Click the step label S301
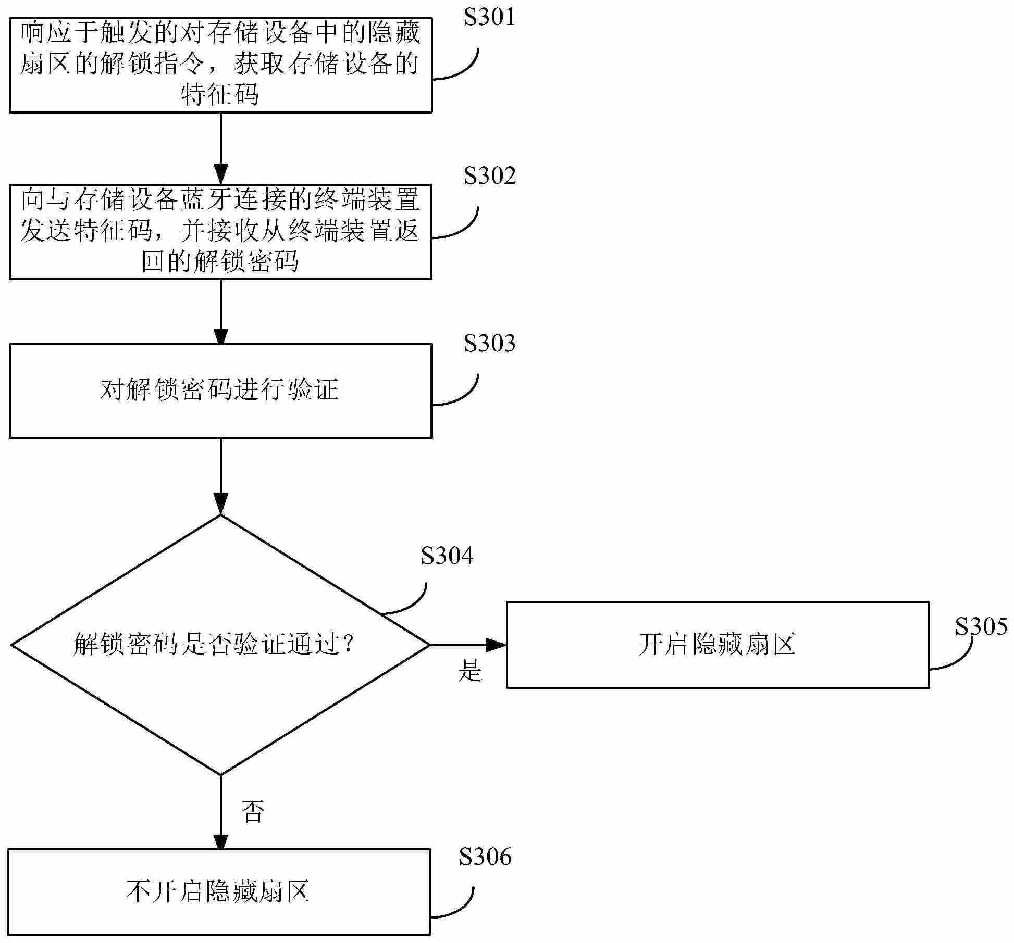click(489, 18)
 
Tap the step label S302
click(489, 176)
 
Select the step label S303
click(489, 344)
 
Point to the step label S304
click(447, 556)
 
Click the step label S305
click(981, 626)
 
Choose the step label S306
click(485, 857)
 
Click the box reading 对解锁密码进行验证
click(220, 391)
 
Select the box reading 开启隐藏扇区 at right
click(717, 645)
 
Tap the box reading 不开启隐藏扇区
click(219, 891)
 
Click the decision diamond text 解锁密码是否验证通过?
click(215, 645)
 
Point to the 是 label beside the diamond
click(470, 670)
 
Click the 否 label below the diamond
click(253, 812)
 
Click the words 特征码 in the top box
click(220, 96)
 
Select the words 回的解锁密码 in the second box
click(220, 262)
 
